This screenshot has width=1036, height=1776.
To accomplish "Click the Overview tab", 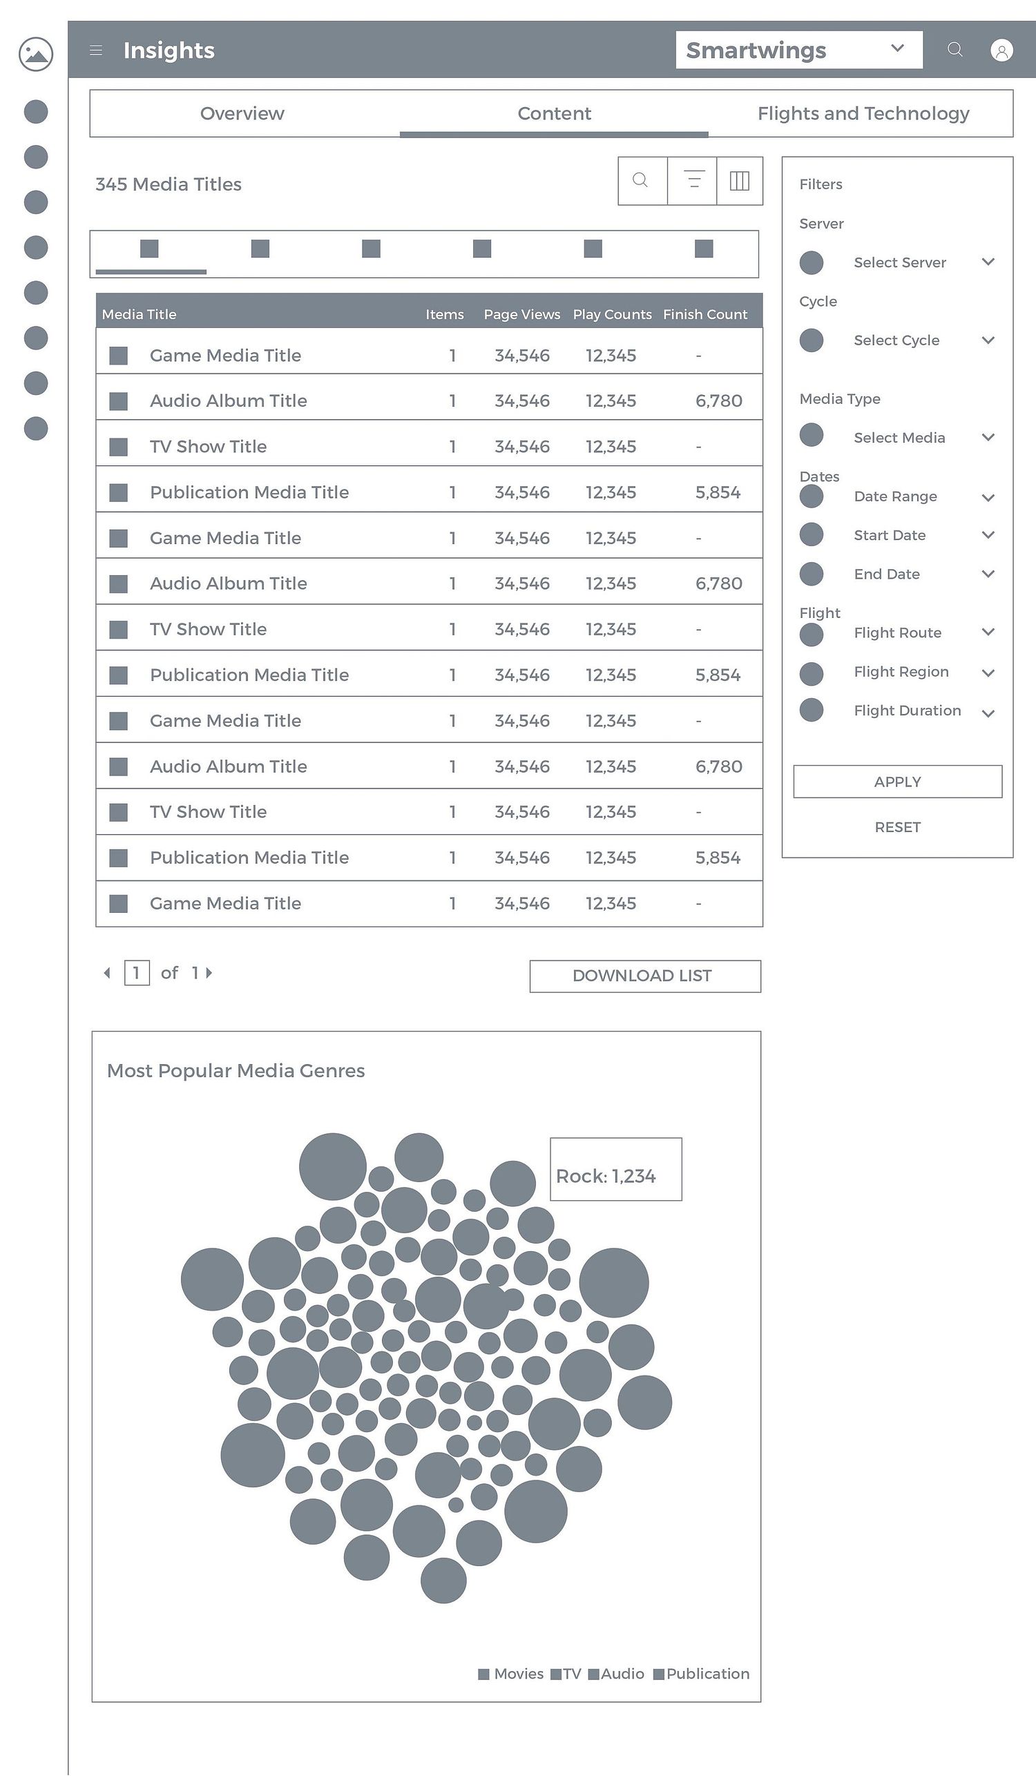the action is click(x=242, y=113).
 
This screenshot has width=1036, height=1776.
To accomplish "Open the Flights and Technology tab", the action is click(x=863, y=113).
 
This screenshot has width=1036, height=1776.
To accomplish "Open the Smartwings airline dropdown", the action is click(x=799, y=50).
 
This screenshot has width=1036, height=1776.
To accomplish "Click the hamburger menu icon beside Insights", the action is click(x=97, y=50).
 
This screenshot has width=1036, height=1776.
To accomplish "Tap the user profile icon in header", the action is click(x=1001, y=50).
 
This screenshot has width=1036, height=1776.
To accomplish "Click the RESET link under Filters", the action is click(x=897, y=827).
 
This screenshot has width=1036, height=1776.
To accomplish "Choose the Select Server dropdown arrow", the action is click(x=988, y=262).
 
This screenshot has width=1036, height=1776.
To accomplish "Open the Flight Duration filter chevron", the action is click(x=988, y=713).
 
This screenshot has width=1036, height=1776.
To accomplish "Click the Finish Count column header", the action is click(x=704, y=314).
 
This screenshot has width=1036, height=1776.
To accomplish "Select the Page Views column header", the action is click(x=521, y=314).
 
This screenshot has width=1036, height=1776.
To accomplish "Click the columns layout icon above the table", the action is click(x=739, y=181).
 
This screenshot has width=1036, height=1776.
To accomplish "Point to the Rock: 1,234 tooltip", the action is click(x=616, y=1169).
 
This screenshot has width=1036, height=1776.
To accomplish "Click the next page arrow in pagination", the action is click(x=209, y=972).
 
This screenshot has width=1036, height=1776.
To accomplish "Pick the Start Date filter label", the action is click(x=890, y=535).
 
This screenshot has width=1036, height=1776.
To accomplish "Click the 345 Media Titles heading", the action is click(x=169, y=184).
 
